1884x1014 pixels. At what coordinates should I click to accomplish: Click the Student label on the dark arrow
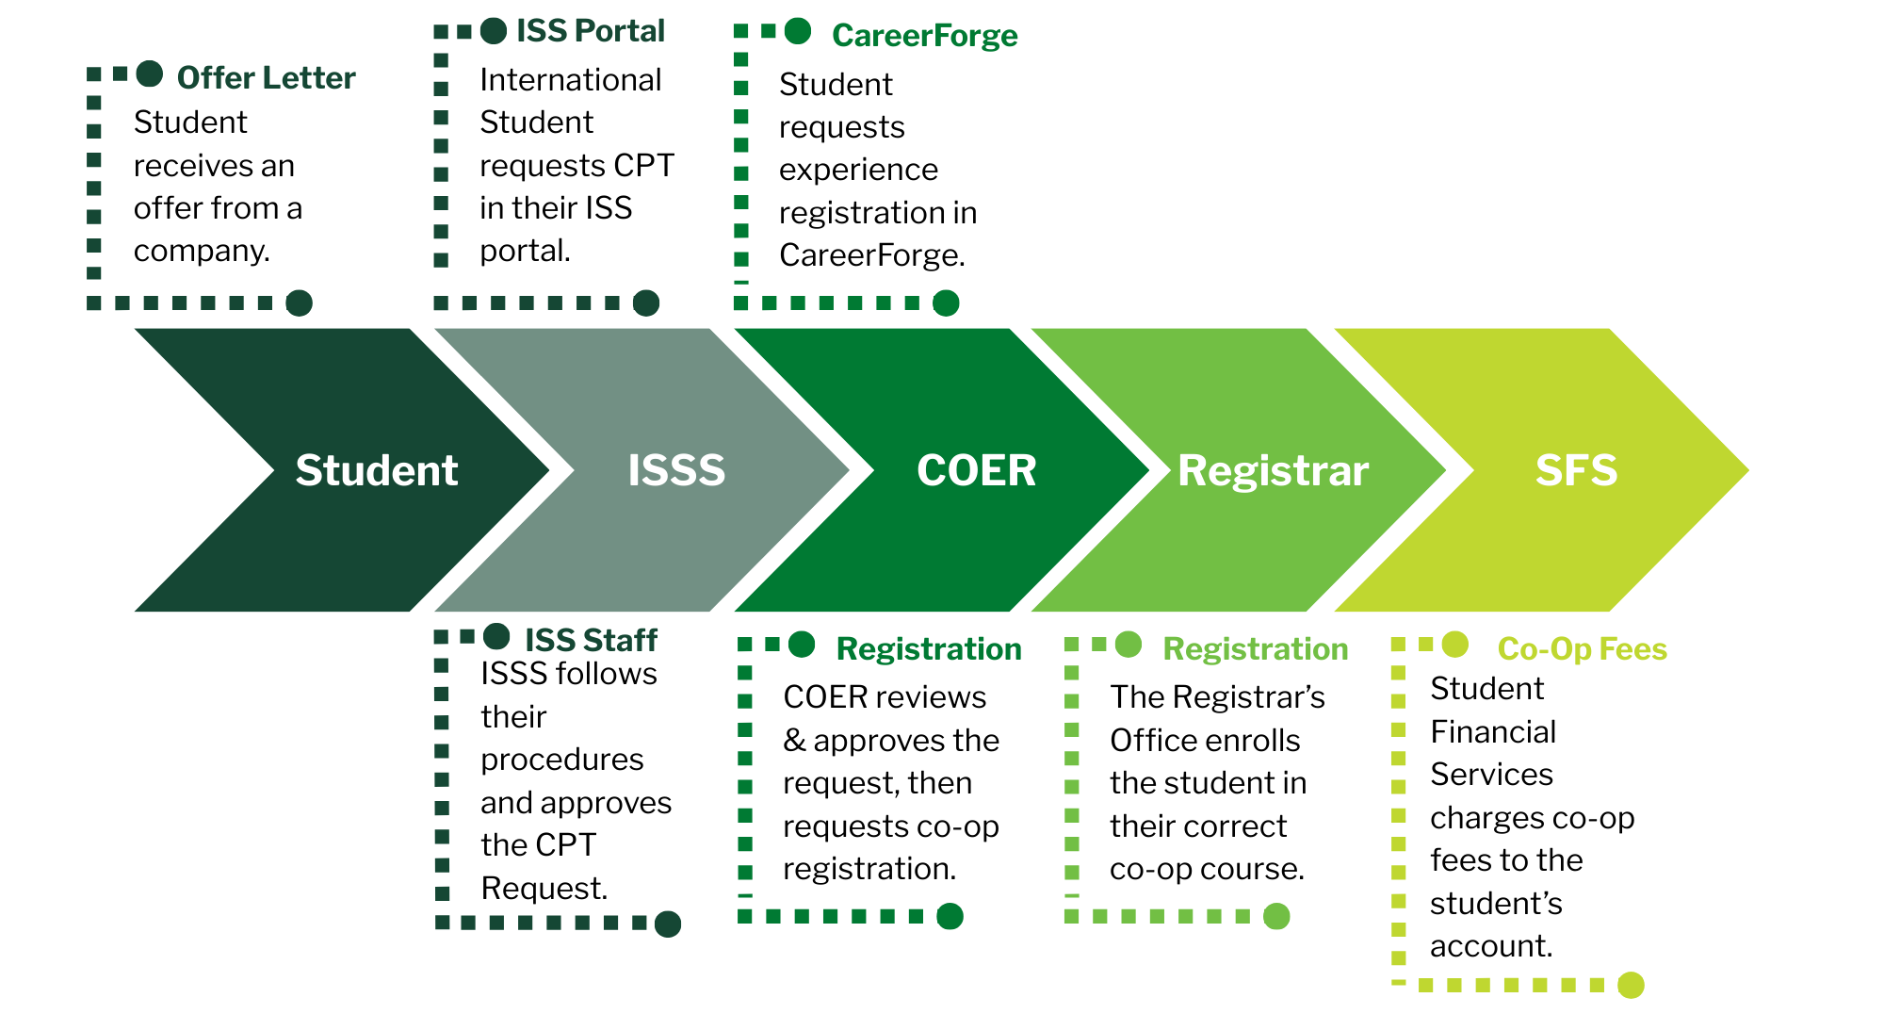[377, 470]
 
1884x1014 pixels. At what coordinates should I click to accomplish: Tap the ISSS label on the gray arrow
[676, 470]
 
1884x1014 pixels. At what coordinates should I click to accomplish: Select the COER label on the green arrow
[976, 470]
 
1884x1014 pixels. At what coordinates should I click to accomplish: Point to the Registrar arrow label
[1273, 470]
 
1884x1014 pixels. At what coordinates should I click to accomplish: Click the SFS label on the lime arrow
[1576, 470]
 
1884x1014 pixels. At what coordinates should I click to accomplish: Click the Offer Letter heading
[266, 77]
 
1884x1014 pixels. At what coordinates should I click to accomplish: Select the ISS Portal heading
[591, 31]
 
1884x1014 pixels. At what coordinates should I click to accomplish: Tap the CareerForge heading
[925, 36]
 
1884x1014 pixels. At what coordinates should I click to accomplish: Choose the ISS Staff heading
[591, 640]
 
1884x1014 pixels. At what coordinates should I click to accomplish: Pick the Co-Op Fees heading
[1583, 649]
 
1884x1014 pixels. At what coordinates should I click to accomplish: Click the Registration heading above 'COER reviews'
[929, 649]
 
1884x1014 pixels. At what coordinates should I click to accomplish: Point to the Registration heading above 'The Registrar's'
[1256, 649]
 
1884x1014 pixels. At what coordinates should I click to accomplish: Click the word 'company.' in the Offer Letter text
[202, 251]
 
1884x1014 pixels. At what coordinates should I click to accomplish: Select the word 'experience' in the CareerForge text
[858, 170]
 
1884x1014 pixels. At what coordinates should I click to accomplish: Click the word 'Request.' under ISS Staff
[544, 888]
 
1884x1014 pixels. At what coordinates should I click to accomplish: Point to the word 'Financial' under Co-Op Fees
[1493, 731]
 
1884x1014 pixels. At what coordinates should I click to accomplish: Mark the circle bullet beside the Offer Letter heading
[150, 74]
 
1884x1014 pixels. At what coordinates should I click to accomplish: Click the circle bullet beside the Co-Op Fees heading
[1455, 645]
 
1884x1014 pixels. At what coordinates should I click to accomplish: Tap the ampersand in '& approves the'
[794, 741]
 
